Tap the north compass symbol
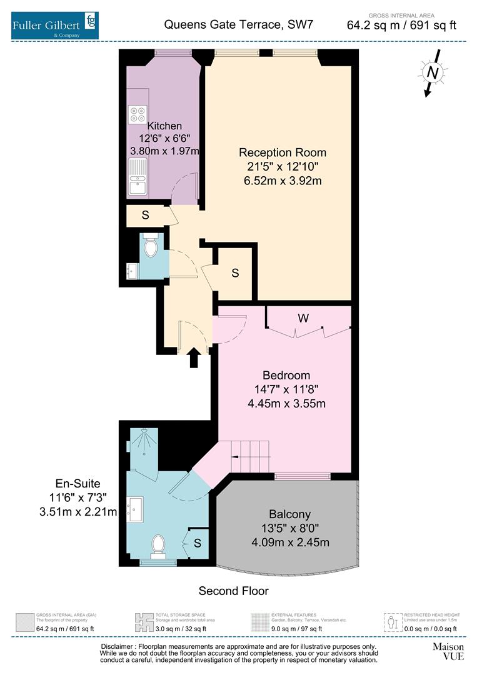pos(431,74)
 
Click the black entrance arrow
pos(193,358)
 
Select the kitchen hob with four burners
pos(138,114)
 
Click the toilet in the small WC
pos(151,248)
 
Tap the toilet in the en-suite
pos(157,544)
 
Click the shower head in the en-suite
pos(144,431)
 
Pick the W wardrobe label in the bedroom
pos(303,318)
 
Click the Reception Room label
pos(283,152)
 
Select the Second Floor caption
pos(233,591)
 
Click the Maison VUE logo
pos(449,651)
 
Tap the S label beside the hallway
pos(235,273)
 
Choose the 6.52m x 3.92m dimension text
pos(283,182)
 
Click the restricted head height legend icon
pos(393,621)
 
